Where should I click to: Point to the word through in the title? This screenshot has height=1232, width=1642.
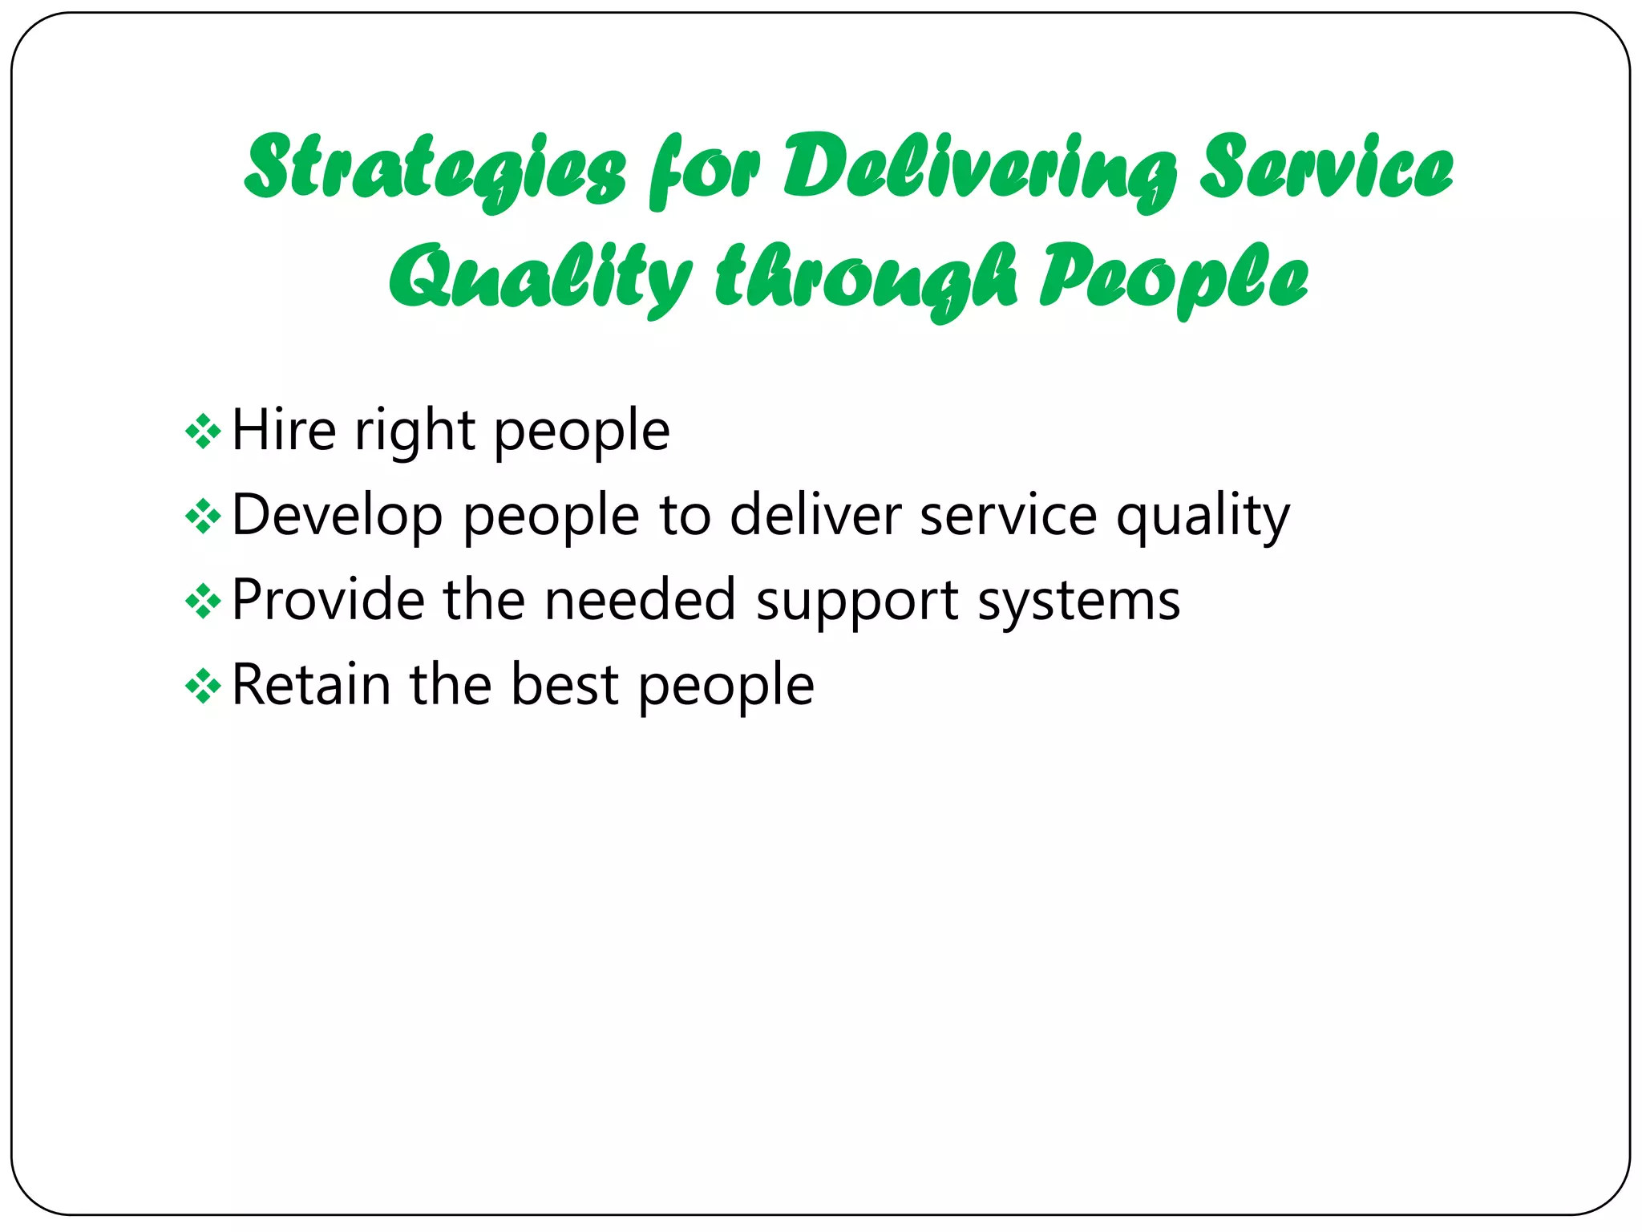tap(866, 278)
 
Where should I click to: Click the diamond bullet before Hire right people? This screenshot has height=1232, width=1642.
tap(203, 432)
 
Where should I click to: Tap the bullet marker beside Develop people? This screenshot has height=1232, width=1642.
tap(203, 517)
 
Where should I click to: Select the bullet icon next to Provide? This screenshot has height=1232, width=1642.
tap(203, 601)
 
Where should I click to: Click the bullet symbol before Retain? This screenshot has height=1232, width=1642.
tap(203, 686)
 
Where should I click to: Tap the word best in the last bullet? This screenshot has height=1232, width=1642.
tap(565, 685)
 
